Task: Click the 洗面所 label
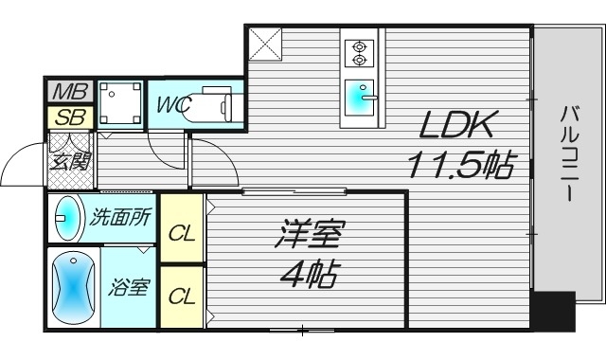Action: pos(120,217)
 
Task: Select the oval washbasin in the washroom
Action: pos(68,219)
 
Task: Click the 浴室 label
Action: pos(128,287)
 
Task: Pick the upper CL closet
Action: pos(181,229)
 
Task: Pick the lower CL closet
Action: pos(181,297)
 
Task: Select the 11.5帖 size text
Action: pos(461,167)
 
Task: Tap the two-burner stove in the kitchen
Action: pos(359,53)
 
